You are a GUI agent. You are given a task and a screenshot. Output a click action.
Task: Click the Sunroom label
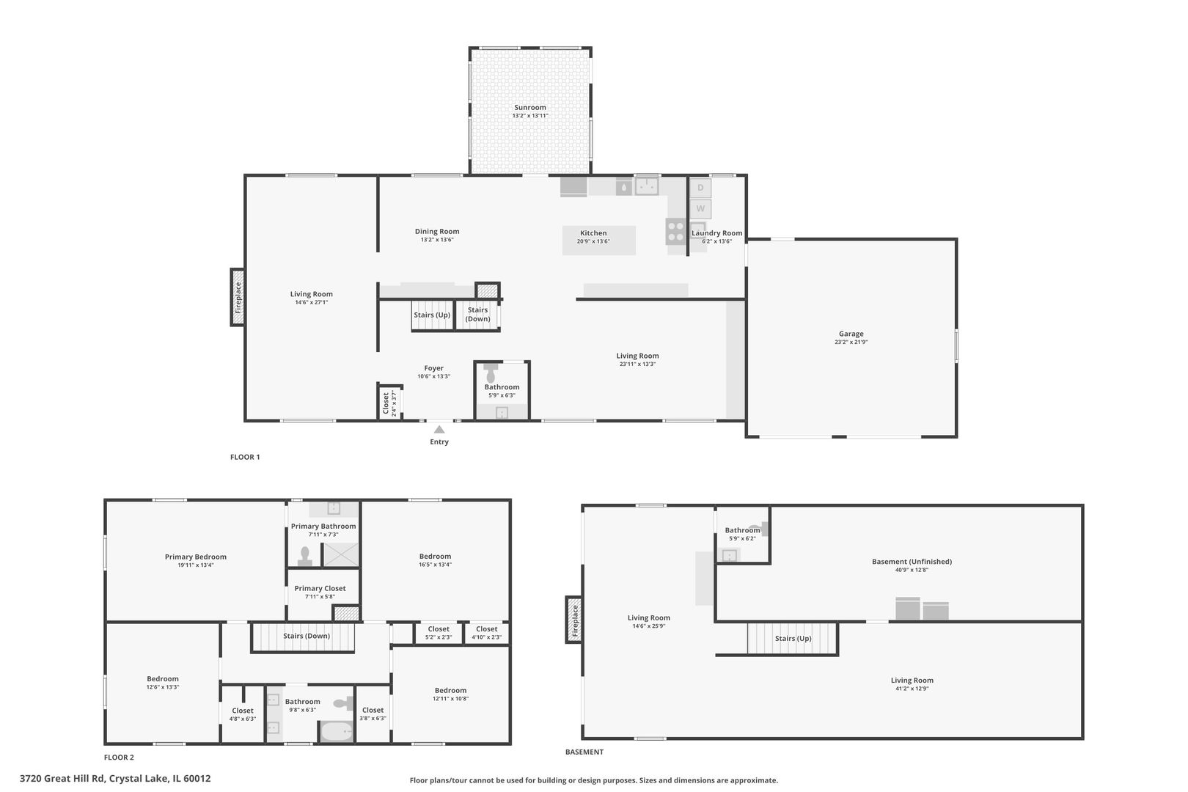pyautogui.click(x=529, y=108)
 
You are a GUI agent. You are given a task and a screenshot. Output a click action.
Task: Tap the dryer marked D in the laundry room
pyautogui.click(x=700, y=188)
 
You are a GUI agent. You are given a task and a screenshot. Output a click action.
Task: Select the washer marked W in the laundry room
pyautogui.click(x=700, y=208)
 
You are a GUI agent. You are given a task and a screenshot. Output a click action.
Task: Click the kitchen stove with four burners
pyautogui.click(x=675, y=231)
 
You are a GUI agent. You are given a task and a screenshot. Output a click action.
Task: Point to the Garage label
pyautogui.click(x=851, y=334)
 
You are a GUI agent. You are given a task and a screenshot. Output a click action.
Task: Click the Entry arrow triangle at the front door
pyautogui.click(x=439, y=429)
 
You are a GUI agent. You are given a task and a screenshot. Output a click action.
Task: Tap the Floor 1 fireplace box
pyautogui.click(x=238, y=297)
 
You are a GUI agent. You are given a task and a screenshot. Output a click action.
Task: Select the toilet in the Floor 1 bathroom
pyautogui.click(x=491, y=373)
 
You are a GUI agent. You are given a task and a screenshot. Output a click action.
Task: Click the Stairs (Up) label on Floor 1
pyautogui.click(x=432, y=315)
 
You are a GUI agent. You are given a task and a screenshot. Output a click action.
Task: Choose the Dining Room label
pyautogui.click(x=437, y=231)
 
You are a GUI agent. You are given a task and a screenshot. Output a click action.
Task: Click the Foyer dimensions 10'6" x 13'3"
pyautogui.click(x=434, y=377)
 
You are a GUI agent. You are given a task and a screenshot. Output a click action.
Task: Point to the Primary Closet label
pyautogui.click(x=320, y=588)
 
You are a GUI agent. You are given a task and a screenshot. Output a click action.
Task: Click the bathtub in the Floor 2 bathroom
pyautogui.click(x=336, y=732)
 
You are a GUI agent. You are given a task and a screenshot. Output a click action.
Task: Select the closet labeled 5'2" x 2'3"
pyautogui.click(x=439, y=633)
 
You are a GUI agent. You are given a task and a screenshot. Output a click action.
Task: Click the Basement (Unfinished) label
pyautogui.click(x=912, y=562)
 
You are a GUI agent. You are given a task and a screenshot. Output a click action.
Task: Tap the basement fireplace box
pyautogui.click(x=574, y=620)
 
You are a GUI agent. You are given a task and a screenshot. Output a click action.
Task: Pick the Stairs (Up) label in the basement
pyautogui.click(x=793, y=638)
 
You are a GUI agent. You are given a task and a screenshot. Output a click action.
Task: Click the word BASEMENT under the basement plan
pyautogui.click(x=584, y=752)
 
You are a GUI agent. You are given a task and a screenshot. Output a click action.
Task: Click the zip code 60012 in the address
pyautogui.click(x=197, y=778)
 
